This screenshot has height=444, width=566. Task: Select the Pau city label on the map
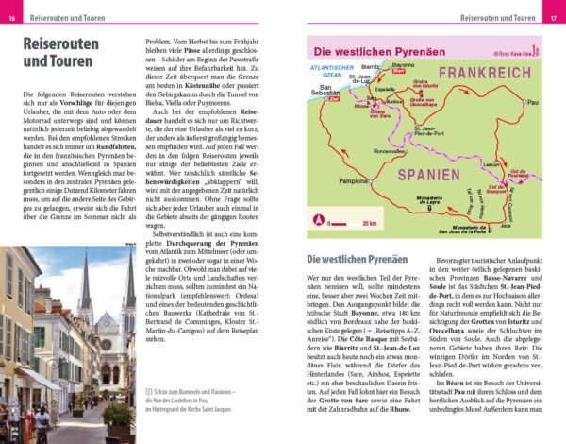coord(533,101)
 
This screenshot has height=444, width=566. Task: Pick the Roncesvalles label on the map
coord(389,151)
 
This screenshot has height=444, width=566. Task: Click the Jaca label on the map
coord(506,226)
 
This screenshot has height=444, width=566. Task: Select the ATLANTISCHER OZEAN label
coord(334,71)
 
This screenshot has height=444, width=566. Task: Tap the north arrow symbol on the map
coord(318,220)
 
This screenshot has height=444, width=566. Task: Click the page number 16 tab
coord(11,18)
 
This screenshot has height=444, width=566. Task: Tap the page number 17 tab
coord(554,18)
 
